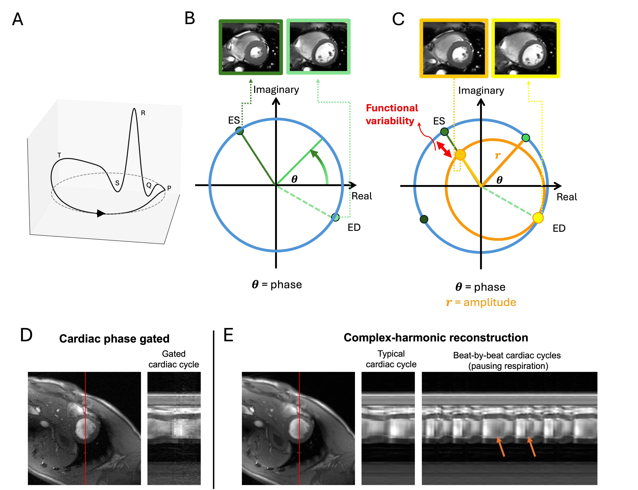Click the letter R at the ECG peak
(143, 113)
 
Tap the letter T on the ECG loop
(59, 155)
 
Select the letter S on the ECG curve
(117, 183)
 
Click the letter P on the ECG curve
(169, 188)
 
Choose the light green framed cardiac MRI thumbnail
(318, 47)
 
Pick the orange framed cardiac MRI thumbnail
(454, 48)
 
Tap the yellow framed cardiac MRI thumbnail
(525, 48)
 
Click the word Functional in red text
(392, 108)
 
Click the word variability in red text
(390, 121)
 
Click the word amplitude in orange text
(490, 302)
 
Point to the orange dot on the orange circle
(460, 155)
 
